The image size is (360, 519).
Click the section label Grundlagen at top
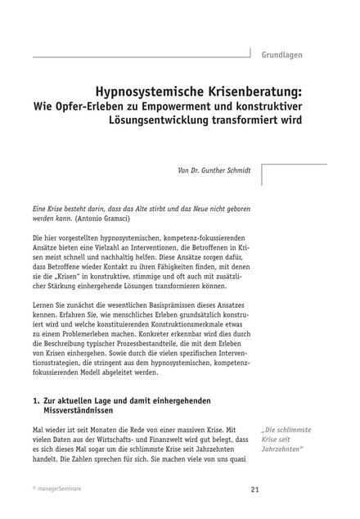pos(282,55)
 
